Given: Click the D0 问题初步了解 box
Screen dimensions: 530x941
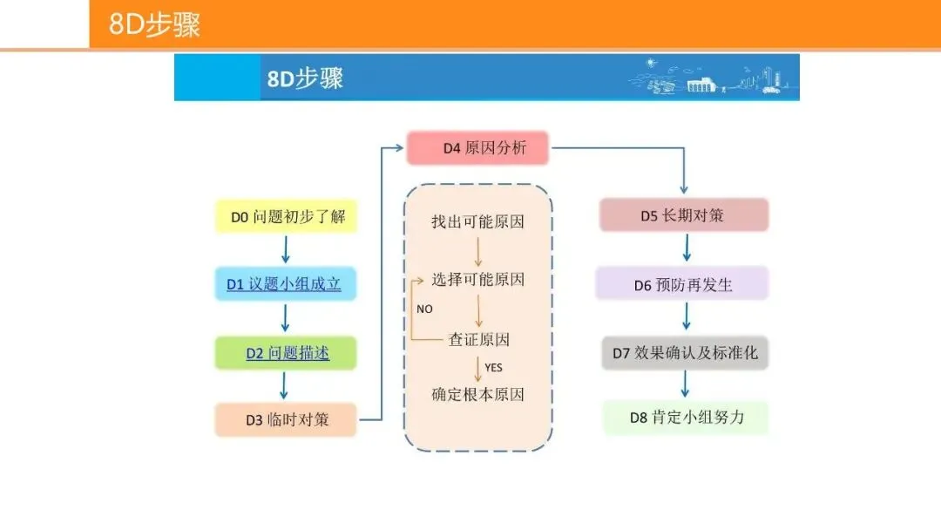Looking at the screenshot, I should (286, 216).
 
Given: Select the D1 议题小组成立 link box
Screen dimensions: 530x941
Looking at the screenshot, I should (285, 284).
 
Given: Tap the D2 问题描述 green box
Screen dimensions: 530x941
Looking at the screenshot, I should (286, 353).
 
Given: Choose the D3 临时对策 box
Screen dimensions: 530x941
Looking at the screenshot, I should (286, 420).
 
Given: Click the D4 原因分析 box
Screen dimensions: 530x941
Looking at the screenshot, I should (478, 148).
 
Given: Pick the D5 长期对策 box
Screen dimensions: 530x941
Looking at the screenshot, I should (683, 215).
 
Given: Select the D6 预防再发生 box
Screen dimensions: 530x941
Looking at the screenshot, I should (682, 284).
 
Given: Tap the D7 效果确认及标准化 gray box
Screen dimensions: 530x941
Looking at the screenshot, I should (684, 353).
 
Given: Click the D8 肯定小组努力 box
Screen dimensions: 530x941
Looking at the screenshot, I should (686, 418).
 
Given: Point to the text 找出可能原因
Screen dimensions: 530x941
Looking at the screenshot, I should (478, 221).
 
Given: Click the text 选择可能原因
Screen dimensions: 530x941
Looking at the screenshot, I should (478, 280).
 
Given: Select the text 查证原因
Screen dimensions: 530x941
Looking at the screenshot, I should (478, 339).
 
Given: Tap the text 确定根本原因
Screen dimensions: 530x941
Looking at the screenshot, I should (478, 394).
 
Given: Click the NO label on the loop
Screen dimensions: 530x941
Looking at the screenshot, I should (424, 309).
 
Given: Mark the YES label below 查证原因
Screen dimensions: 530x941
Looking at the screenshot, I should (493, 368).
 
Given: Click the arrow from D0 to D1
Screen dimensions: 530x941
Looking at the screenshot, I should (285, 250).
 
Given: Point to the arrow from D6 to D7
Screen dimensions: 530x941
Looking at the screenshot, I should (686, 318).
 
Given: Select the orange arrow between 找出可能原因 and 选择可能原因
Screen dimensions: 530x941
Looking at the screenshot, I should (478, 251).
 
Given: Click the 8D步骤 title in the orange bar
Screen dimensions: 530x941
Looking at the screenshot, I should (155, 24).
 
